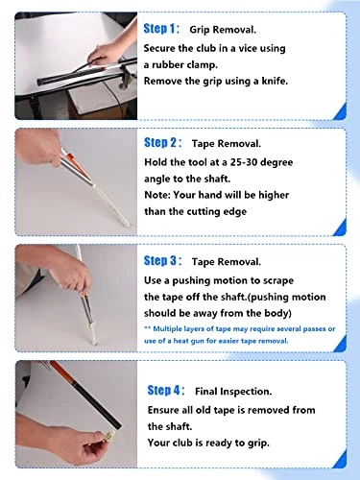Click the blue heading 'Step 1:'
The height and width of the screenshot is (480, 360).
coord(161,29)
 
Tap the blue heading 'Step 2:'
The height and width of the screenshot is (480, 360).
coord(162,143)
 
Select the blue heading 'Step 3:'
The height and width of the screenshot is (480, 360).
coord(162,261)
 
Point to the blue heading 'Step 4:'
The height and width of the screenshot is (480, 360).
coord(166,391)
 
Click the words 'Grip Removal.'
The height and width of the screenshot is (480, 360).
coord(223,30)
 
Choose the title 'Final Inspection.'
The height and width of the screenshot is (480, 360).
coord(233,392)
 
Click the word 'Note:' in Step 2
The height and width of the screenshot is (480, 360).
coord(157,195)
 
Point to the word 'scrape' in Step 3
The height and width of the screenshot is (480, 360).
coord(278,281)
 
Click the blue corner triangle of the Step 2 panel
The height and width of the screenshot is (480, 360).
coord(340,227)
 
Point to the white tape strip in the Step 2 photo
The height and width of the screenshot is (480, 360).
coord(111,204)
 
